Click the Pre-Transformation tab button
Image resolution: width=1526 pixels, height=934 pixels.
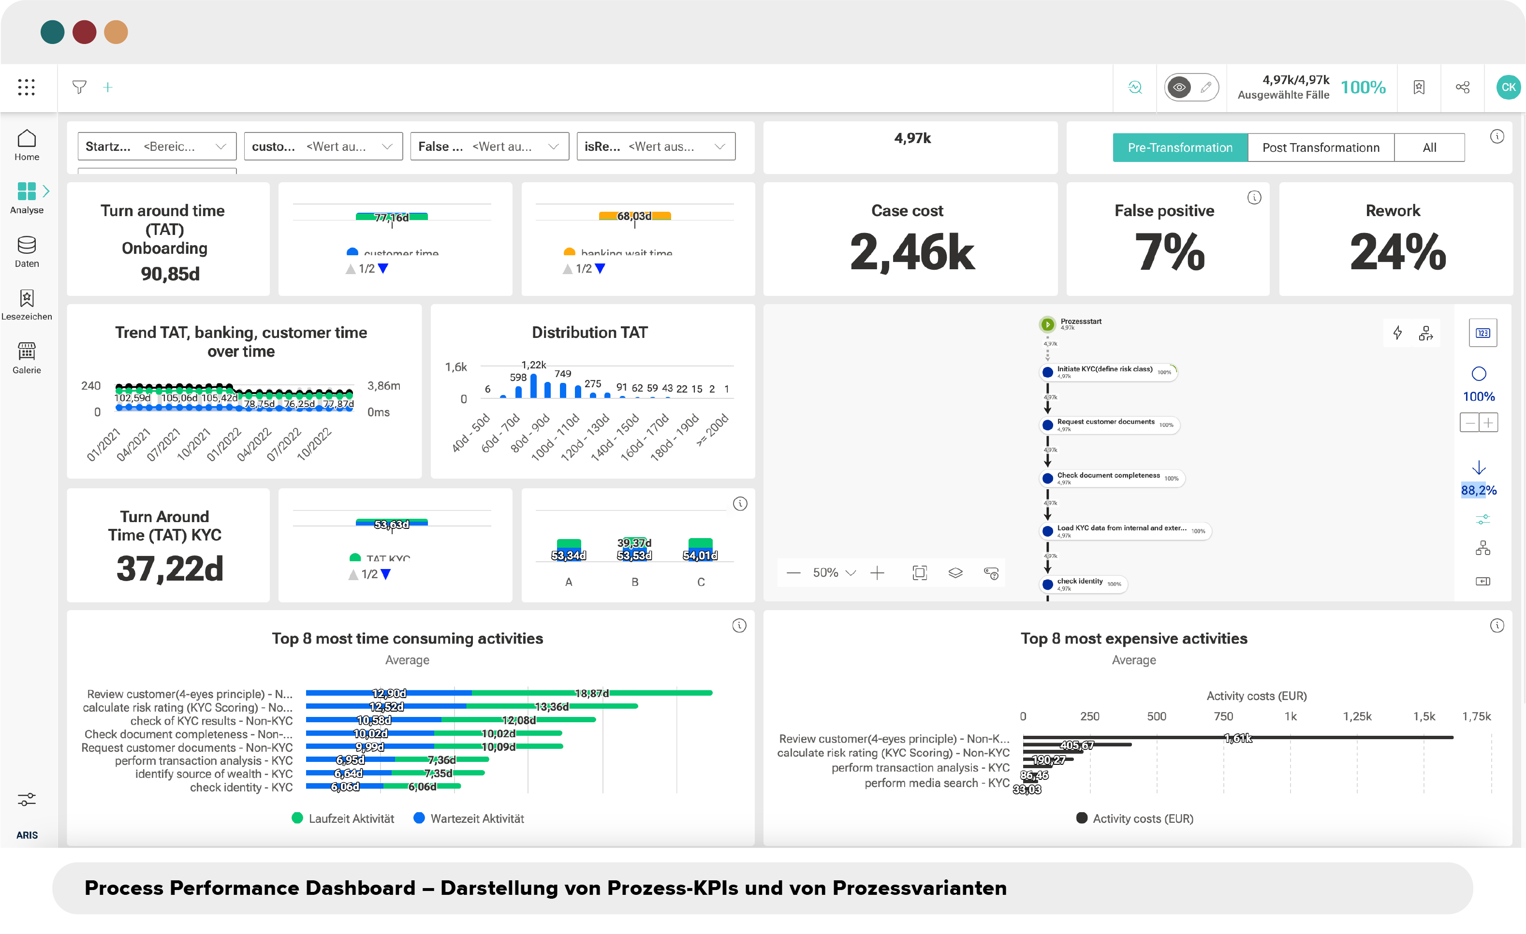click(1179, 147)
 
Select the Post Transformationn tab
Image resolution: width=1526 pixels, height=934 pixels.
click(1321, 147)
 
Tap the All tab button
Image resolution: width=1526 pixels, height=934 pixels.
click(1429, 147)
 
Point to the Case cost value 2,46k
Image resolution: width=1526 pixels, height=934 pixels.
click(911, 252)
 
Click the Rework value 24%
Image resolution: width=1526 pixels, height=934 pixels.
click(1397, 252)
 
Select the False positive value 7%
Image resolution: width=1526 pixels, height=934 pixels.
click(1169, 252)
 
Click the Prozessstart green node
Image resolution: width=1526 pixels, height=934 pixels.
click(1047, 324)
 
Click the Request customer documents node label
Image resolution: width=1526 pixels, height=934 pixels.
click(1105, 422)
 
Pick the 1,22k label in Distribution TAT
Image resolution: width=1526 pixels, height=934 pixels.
click(533, 365)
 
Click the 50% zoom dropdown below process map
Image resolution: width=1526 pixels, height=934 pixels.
click(834, 573)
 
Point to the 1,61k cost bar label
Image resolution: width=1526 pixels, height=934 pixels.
click(1237, 738)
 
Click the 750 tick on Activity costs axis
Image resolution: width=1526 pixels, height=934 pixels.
click(1223, 716)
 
